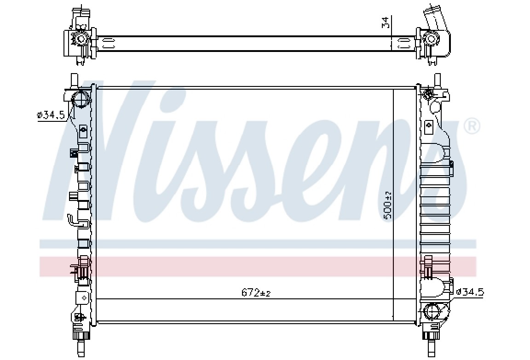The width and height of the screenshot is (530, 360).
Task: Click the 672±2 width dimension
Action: click(x=256, y=292)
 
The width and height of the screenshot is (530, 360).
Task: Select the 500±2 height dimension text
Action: click(x=388, y=205)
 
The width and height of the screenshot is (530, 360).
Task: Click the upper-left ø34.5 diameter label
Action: click(x=51, y=115)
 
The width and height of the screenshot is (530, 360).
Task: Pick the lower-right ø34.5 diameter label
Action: click(x=469, y=292)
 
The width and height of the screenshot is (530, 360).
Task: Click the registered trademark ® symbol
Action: click(x=472, y=126)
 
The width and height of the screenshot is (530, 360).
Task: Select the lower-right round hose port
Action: click(x=432, y=311)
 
